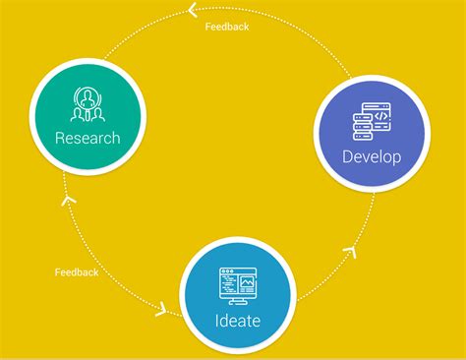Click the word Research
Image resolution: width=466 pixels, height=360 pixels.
pyautogui.click(x=87, y=138)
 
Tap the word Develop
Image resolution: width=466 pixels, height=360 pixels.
pyautogui.click(x=372, y=156)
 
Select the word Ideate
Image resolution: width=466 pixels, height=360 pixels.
pyautogui.click(x=238, y=321)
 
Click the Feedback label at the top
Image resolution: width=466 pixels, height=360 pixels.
pyautogui.click(x=227, y=27)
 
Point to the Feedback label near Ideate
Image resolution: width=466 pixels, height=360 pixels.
pyautogui.click(x=77, y=271)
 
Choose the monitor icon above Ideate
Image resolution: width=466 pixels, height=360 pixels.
pyautogui.click(x=238, y=285)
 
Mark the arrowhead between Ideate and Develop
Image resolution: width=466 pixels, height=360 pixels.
pyautogui.click(x=349, y=254)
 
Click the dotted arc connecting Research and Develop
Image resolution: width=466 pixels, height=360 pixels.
pyautogui.click(x=295, y=34)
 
